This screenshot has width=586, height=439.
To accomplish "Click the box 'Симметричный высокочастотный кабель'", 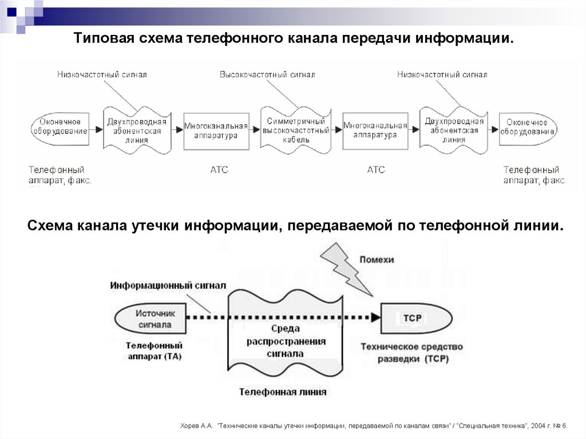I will tap(295, 130).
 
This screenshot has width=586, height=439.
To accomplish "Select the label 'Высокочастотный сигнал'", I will tap(267, 75).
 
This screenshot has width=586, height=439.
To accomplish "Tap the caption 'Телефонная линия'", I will tap(283, 393).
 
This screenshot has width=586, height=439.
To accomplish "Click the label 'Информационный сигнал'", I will tap(168, 285).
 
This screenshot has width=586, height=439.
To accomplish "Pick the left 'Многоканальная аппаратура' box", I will tap(216, 130).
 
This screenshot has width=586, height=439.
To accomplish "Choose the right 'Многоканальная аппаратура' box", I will tap(375, 130).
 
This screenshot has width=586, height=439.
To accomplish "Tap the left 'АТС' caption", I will tap(219, 170).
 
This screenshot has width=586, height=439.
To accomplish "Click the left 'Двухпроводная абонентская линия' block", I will tap(137, 130).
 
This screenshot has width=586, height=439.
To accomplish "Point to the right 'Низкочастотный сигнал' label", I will tap(442, 75).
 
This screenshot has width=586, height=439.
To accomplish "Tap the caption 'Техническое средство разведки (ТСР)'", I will tap(411, 353).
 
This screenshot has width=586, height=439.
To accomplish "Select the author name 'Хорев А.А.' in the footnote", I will tap(196, 426).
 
